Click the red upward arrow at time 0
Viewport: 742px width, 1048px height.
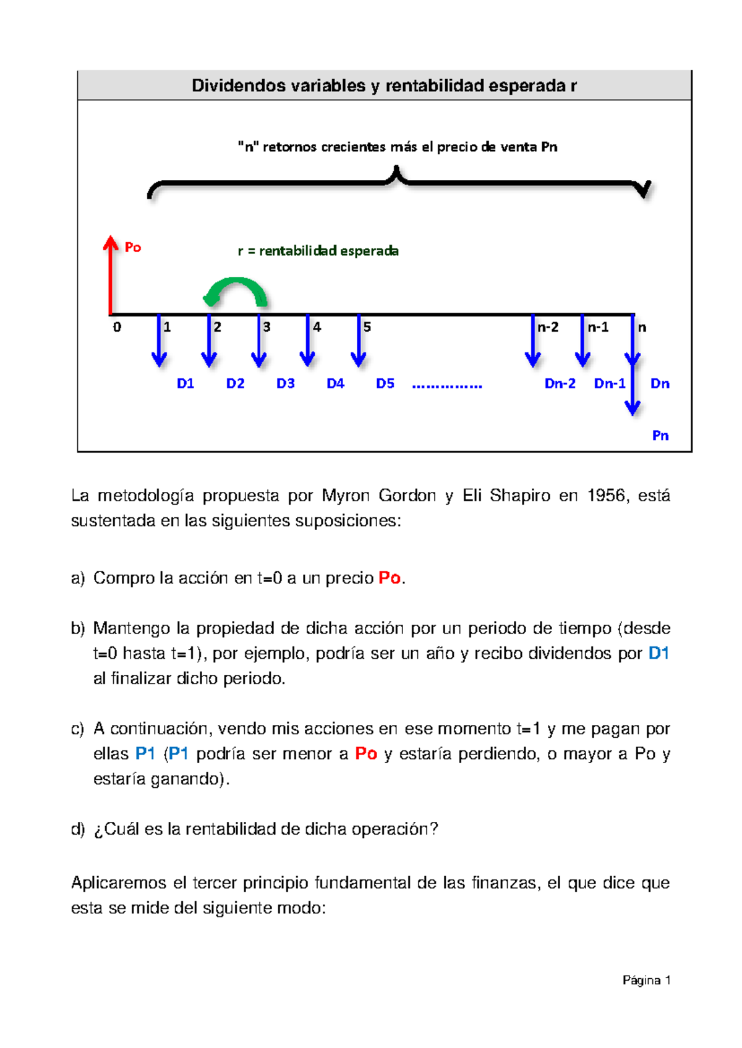coord(111,274)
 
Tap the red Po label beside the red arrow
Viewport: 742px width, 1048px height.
coord(133,248)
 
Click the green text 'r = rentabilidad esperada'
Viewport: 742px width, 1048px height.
coord(318,251)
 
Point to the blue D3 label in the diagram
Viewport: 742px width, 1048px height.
coord(285,384)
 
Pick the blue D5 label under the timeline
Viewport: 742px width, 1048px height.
coord(385,384)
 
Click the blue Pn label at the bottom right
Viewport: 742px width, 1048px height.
coord(660,436)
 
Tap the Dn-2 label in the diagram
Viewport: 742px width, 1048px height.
coord(560,384)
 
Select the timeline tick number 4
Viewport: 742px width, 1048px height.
coord(317,327)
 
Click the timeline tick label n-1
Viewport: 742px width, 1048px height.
coord(598,327)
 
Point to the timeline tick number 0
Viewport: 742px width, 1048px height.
coord(117,327)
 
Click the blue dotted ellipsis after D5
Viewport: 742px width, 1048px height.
coord(447,386)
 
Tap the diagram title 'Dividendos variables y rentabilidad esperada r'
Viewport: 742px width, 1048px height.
coord(384,85)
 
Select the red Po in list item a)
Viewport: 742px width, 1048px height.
coord(390,578)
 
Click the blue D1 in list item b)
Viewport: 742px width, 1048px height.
coord(659,653)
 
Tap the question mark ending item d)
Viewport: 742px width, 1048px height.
coord(433,829)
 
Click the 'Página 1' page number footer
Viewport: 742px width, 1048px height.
coord(646,980)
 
